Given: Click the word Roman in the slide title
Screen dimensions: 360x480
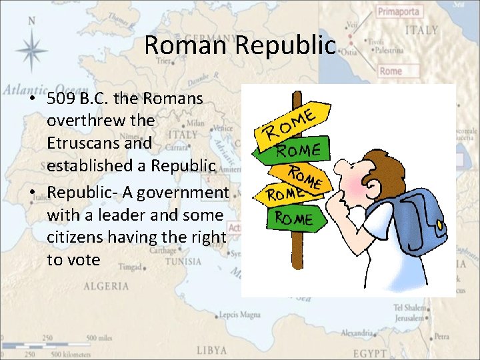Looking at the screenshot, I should click(177, 45).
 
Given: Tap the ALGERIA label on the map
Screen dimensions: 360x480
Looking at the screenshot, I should click(106, 287).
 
